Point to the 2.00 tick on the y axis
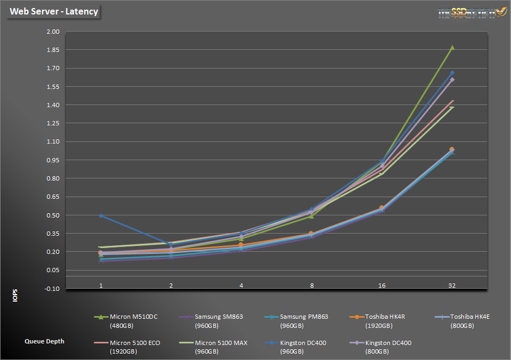coord(52,32)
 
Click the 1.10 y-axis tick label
coord(52,142)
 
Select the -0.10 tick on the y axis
coord(52,289)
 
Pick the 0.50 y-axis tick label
coord(52,215)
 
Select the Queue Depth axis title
coord(44,341)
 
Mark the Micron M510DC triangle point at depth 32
coord(452,48)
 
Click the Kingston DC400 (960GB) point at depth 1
coord(101,215)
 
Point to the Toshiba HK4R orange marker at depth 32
coord(452,149)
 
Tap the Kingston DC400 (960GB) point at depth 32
coord(452,73)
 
